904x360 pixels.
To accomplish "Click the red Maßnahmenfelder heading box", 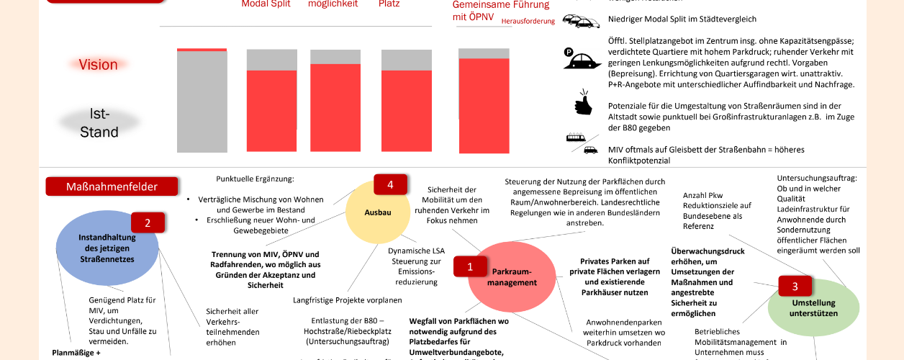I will point(112,186).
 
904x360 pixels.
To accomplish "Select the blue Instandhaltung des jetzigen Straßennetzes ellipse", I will point(107,248).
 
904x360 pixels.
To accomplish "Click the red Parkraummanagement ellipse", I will point(512,276).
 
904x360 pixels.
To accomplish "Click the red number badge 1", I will point(470,266).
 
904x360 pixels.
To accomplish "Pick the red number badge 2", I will point(148,222).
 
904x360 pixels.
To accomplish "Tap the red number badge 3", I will point(795,286).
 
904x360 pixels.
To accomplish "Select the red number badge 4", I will point(390,185).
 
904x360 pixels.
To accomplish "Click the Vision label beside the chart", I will point(98,65).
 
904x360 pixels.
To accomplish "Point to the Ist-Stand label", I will point(99,123).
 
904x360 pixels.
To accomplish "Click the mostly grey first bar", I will point(191,100).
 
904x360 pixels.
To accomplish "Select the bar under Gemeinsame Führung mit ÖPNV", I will point(479,100).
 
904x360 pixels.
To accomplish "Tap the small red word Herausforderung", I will point(528,22).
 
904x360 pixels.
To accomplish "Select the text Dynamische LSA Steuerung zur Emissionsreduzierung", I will point(415,266).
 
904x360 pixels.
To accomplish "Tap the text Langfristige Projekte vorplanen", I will point(347,300).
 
